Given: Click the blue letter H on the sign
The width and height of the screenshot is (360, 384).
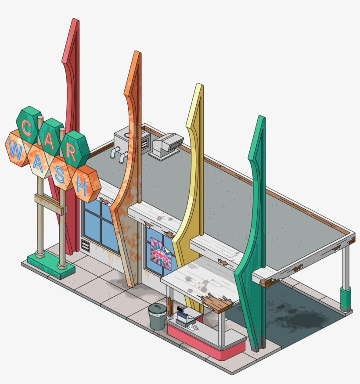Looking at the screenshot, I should coord(82,187).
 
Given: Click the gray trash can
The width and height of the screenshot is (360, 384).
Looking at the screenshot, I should coord(157,316).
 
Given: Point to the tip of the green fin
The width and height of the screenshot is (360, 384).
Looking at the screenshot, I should coord(262,118).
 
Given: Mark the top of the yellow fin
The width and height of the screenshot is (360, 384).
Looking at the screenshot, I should coord(200,85).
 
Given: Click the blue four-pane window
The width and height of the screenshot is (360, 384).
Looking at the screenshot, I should coord(101,226).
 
